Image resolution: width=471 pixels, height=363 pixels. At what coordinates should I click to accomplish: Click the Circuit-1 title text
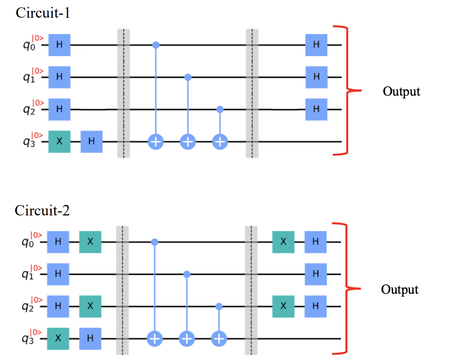[43, 13]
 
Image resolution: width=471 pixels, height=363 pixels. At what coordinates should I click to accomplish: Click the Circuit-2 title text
[42, 210]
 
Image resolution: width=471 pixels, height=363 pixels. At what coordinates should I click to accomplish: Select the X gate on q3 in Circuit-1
[59, 141]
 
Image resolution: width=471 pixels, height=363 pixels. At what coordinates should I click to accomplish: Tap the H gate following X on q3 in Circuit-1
[91, 141]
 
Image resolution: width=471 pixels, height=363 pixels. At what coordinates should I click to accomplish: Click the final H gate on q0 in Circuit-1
[316, 45]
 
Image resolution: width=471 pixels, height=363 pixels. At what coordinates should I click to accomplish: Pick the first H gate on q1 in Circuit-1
[59, 77]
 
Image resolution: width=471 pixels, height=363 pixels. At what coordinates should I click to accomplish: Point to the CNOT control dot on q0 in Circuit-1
[156, 45]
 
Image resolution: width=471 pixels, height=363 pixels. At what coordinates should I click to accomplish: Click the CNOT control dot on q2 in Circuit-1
[220, 109]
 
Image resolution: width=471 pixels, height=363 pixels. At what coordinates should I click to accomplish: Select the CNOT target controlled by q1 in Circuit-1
[188, 142]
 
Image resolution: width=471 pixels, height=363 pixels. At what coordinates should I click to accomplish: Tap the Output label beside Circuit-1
[401, 92]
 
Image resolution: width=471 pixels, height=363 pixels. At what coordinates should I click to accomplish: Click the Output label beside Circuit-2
[399, 289]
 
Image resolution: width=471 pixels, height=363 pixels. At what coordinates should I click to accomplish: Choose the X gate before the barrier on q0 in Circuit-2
[90, 242]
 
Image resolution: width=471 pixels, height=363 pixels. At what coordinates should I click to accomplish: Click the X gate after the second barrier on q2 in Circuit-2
[283, 306]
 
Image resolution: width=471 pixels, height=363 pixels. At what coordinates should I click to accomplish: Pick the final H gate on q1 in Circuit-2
[315, 274]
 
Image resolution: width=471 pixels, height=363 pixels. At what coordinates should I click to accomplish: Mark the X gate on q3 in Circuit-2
[58, 338]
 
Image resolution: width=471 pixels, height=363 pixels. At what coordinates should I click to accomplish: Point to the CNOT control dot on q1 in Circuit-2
[187, 274]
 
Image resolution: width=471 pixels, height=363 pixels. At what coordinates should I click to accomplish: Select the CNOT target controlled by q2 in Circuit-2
[219, 339]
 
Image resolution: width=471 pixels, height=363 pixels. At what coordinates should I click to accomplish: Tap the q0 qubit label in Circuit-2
[28, 242]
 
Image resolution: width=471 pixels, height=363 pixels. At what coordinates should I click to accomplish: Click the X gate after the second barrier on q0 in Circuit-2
[283, 242]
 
